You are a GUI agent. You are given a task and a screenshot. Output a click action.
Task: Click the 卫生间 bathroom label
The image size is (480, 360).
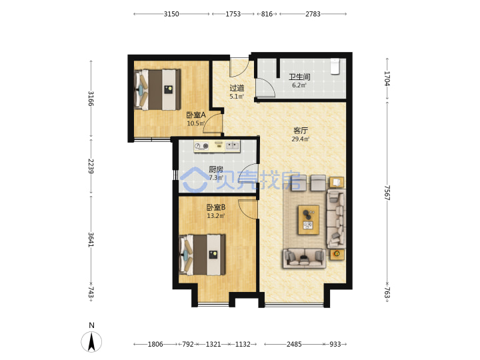(299, 77)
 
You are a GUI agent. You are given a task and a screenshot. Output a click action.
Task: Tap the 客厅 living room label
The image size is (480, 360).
(300, 131)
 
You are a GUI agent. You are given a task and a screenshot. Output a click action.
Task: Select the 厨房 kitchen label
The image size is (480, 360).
(216, 169)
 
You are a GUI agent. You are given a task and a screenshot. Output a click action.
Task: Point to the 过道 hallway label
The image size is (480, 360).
(237, 88)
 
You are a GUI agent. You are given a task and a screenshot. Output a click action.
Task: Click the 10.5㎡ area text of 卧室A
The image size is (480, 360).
(196, 124)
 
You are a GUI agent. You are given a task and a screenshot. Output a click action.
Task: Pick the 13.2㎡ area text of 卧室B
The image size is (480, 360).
(216, 216)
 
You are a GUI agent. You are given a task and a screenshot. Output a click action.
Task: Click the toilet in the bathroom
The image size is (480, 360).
(335, 67)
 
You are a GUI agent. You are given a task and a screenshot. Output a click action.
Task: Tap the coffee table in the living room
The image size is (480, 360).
(309, 220)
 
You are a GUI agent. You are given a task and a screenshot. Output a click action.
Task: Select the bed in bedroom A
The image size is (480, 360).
(157, 89)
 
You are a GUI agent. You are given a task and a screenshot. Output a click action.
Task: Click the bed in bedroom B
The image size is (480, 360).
(203, 255)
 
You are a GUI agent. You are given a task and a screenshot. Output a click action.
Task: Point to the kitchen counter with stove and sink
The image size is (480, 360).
(217, 146)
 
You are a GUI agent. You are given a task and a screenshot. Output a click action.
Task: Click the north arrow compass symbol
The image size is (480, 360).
(91, 341)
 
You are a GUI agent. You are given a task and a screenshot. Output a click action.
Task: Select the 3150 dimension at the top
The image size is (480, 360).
(171, 14)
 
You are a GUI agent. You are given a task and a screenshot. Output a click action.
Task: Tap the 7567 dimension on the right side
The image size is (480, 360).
(387, 193)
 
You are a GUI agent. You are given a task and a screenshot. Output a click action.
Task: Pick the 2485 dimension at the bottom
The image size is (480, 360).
(294, 345)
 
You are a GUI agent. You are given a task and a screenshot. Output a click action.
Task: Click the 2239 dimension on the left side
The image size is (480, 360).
(91, 166)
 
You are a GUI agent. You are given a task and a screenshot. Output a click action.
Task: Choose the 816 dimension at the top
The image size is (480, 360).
(267, 14)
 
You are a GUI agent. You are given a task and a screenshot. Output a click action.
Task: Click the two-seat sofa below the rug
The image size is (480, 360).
(304, 259)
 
